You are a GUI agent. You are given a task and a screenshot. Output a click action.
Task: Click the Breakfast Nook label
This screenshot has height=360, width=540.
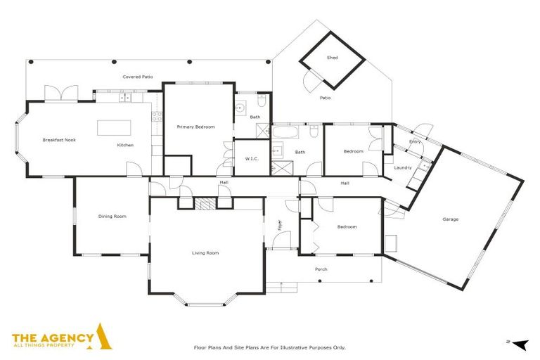coord(58,140)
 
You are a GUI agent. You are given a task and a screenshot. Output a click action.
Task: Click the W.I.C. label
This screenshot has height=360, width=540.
coord(252,159)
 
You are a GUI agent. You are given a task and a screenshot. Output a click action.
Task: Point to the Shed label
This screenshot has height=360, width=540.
coord(332,58)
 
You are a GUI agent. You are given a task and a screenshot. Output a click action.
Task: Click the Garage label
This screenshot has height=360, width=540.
coord(450,219)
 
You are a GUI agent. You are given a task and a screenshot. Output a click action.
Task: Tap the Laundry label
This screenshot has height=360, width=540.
coord(402,167)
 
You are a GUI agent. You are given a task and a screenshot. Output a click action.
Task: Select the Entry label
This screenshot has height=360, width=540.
coord(415,142)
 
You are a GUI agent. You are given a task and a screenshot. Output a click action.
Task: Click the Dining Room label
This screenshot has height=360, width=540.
coord(112,217)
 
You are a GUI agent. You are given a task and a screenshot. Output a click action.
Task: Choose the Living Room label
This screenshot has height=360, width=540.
coord(206,252)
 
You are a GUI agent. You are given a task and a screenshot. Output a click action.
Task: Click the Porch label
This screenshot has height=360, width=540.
coord(321,269)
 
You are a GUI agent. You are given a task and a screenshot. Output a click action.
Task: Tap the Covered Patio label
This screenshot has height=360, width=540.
coord(138,77)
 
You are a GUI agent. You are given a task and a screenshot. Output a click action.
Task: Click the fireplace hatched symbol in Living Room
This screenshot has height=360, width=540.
coord(205,204)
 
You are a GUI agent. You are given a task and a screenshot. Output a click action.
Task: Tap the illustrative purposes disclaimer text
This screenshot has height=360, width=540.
coord(269,347)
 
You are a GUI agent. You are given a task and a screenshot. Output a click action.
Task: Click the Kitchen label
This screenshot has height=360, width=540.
coord(125,145)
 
